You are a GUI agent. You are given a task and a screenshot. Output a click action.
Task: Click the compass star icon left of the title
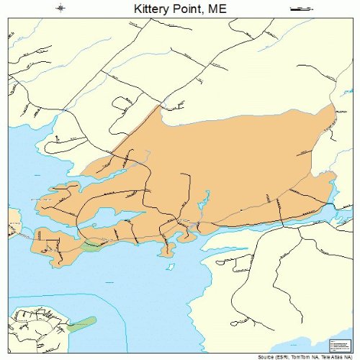tap(61, 9)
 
